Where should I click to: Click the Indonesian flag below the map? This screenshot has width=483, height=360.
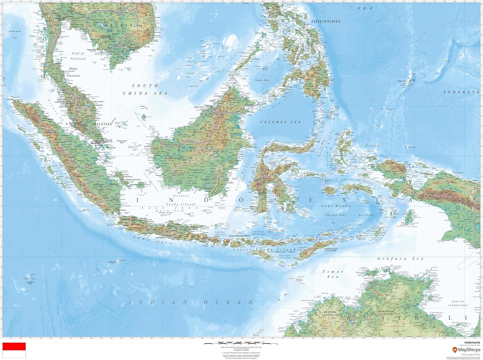(14, 350)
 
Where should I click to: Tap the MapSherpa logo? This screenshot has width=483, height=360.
(466, 349)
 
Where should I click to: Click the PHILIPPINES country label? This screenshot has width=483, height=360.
(326, 22)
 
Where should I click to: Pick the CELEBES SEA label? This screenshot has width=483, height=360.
(280, 122)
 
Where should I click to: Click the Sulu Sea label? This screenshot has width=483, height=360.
(262, 80)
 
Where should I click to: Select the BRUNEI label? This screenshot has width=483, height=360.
(199, 107)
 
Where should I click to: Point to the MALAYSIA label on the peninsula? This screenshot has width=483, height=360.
(102, 124)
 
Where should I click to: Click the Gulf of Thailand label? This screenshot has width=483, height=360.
(78, 56)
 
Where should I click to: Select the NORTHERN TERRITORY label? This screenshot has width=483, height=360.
(386, 313)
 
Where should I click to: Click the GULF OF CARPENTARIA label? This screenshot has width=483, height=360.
(458, 303)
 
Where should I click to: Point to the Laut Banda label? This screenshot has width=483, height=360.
(336, 206)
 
